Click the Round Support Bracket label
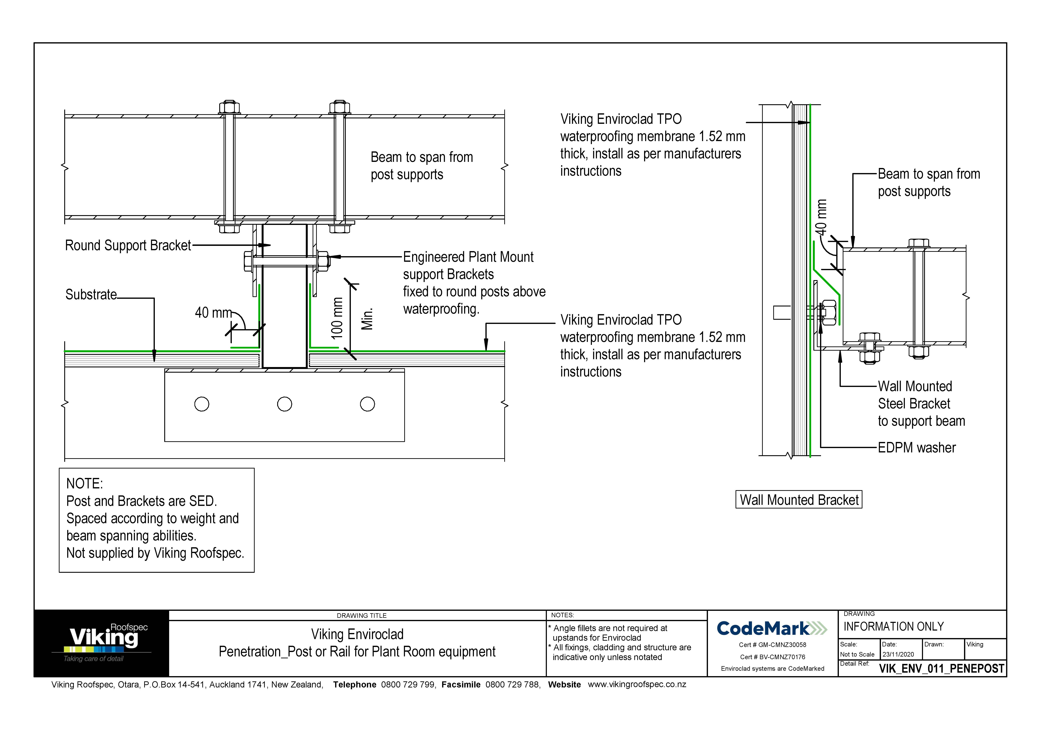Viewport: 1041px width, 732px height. (x=128, y=245)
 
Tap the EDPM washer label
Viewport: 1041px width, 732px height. (x=916, y=448)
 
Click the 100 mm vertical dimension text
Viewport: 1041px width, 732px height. (x=337, y=318)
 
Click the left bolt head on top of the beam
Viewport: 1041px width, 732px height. (x=229, y=108)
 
